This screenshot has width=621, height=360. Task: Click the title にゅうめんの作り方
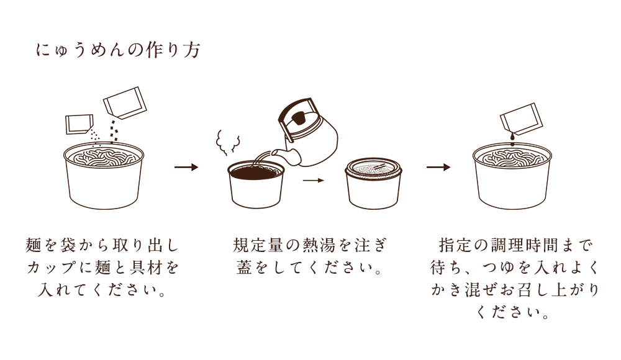click(118, 50)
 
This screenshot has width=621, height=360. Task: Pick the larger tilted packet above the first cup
click(125, 102)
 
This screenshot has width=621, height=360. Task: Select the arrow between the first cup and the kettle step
click(186, 167)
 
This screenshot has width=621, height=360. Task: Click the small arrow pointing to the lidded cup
click(314, 181)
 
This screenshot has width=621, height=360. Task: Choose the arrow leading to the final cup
click(438, 167)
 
